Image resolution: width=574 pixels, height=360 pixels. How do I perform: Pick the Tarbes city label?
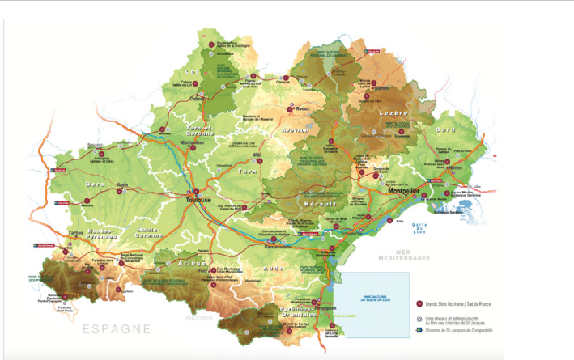pyautogui.click(x=76, y=231)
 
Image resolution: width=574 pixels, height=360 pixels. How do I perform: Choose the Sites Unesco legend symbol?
pyautogui.click(x=419, y=317)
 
